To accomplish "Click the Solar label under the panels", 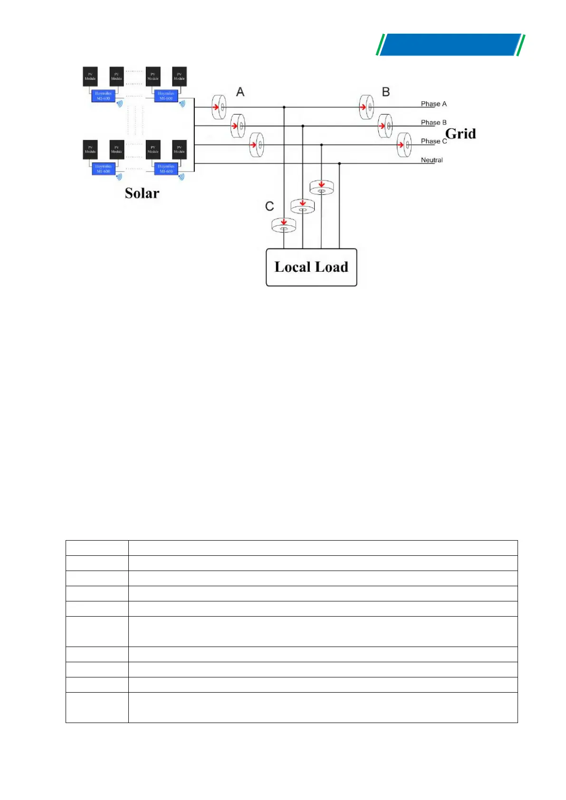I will [x=142, y=193].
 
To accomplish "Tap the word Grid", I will [x=460, y=133].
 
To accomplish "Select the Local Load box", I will [x=311, y=267].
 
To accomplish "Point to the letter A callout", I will [x=240, y=92].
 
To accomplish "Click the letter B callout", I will [x=386, y=92].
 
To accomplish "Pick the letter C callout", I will [x=269, y=206].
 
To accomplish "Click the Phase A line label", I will [x=433, y=104].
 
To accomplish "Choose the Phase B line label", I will [x=433, y=123].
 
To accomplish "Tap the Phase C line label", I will [x=433, y=141].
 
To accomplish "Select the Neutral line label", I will [x=432, y=160].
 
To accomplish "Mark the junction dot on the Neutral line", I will [x=339, y=163].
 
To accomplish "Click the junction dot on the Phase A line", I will [x=284, y=107].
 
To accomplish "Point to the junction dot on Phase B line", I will [x=303, y=126].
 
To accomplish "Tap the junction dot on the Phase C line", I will [x=321, y=144].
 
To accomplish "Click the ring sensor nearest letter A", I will [x=219, y=107].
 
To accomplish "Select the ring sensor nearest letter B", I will [x=366, y=107].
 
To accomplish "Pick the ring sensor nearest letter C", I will [x=284, y=225].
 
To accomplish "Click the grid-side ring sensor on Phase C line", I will [x=404, y=144].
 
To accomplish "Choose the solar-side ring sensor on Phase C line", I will [x=257, y=144].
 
